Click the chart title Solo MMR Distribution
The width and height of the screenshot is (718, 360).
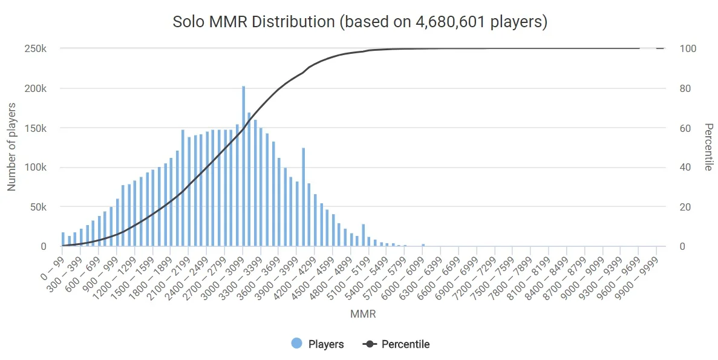click(x=253, y=22)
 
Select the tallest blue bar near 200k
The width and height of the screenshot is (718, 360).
click(x=244, y=166)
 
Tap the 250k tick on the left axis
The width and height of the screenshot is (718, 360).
click(x=35, y=48)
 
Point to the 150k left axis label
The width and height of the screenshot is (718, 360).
click(x=35, y=128)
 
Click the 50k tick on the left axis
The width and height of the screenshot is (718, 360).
click(x=38, y=207)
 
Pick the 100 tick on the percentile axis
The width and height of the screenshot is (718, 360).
click(x=688, y=48)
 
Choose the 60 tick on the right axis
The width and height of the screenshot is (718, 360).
click(x=685, y=128)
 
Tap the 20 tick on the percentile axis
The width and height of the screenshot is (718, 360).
click(x=685, y=207)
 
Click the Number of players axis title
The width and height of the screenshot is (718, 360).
click(x=11, y=147)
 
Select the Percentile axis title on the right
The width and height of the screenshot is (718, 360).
click(x=708, y=147)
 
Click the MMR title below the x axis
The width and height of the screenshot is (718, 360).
click(x=363, y=314)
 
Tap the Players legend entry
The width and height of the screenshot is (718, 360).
click(x=325, y=344)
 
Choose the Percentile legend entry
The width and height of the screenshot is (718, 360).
click(x=405, y=344)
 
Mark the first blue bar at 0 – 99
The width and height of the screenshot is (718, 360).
click(x=63, y=240)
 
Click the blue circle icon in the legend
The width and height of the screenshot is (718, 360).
click(x=297, y=344)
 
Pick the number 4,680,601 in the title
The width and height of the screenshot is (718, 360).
click(x=450, y=22)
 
